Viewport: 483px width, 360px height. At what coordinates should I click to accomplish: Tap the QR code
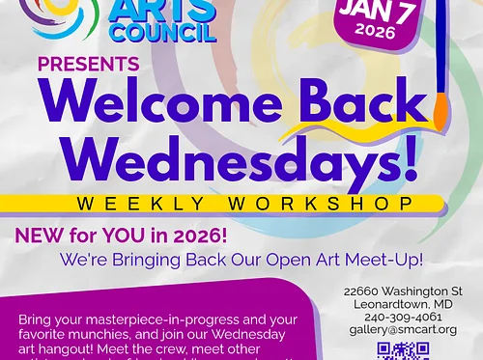403,351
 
